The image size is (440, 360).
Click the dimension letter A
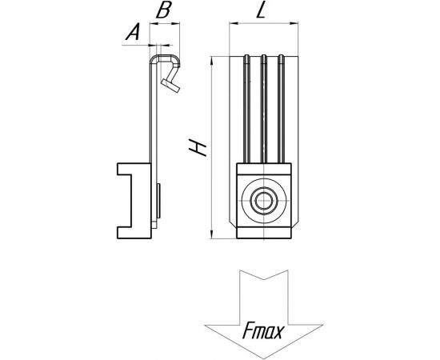coord(133,32)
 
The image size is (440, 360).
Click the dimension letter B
coord(163,10)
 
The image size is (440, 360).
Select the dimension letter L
coord(261,10)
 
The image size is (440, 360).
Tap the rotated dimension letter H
coord(198,146)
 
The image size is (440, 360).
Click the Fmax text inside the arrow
coord(263,330)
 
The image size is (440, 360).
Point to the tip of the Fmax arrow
coord(263,358)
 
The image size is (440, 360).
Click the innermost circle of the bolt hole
coord(263,201)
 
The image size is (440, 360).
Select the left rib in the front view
coord(246,109)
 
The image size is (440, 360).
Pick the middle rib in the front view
coord(263,109)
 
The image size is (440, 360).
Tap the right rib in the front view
coord(281,109)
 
